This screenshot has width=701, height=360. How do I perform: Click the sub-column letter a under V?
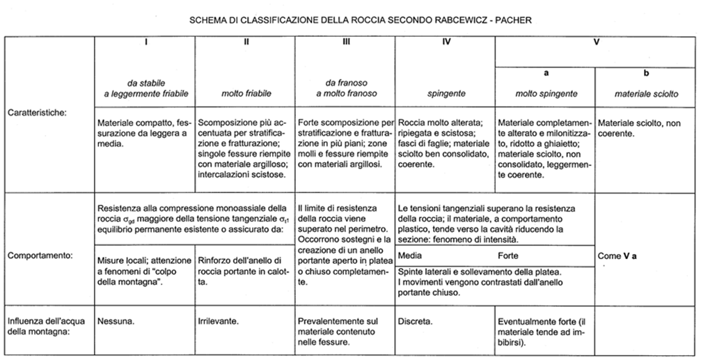(546, 72)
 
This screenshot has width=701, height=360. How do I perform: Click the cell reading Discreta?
(416, 322)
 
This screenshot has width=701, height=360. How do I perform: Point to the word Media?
(410, 256)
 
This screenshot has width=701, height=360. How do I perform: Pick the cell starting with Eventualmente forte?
(544, 331)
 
